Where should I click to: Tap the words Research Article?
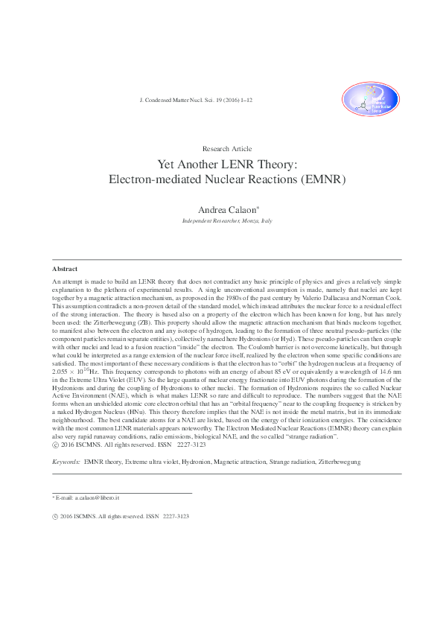click(x=227, y=149)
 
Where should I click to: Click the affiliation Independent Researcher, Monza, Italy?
click(x=227, y=222)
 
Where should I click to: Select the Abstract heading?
click(x=65, y=268)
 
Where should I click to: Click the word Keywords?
click(x=66, y=462)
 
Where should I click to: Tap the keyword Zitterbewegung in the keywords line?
click(x=335, y=462)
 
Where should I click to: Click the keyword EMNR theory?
click(x=103, y=462)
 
